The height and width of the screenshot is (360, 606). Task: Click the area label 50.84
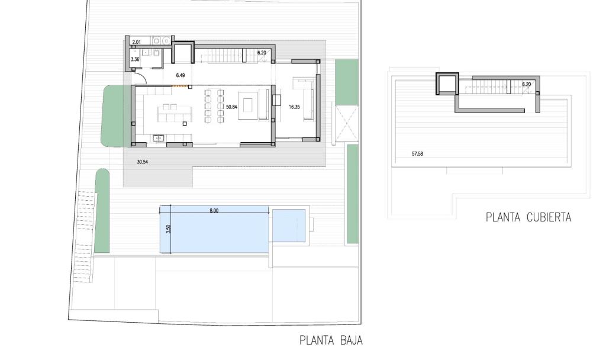point(231,107)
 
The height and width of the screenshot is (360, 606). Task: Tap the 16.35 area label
point(294,107)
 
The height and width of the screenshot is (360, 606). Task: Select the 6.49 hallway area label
point(180,75)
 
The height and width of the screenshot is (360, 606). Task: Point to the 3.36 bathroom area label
point(135,60)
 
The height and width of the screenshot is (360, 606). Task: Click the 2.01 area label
point(137,42)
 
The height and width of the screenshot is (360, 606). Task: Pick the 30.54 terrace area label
point(142,162)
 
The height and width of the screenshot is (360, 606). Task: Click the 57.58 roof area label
point(417,154)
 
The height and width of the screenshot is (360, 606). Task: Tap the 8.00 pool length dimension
point(214,211)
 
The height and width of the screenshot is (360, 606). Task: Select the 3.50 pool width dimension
point(168,229)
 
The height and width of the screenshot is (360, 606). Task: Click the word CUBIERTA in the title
point(549,217)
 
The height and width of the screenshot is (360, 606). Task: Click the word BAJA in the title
point(352,340)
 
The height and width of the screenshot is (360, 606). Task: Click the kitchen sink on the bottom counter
point(159,137)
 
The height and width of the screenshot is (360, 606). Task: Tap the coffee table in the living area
point(247,105)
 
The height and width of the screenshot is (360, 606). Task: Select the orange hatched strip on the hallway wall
point(180,86)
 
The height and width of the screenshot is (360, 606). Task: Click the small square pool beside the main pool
point(289,226)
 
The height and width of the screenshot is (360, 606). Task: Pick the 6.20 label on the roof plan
point(526,84)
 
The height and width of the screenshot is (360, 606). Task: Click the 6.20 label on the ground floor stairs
point(262,53)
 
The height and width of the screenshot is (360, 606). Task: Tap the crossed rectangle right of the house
point(346,123)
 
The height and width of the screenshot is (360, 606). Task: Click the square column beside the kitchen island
point(185,123)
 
